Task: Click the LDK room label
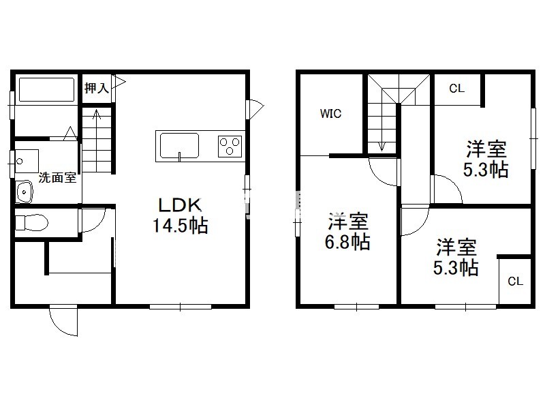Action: (x=180, y=205)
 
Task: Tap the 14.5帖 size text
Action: (x=181, y=226)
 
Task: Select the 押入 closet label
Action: (x=96, y=88)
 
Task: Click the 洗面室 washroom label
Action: (x=57, y=178)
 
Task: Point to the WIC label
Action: (x=330, y=113)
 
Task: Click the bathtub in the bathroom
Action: (x=46, y=90)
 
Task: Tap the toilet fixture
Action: (x=31, y=222)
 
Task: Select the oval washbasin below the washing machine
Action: (x=24, y=192)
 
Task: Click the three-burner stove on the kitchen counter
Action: (x=230, y=146)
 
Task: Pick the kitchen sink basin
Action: (x=179, y=146)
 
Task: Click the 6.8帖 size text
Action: (x=347, y=242)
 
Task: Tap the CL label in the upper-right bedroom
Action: (x=456, y=89)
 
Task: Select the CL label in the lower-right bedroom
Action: (x=515, y=281)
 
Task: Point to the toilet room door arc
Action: (x=97, y=226)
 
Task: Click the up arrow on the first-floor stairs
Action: (x=96, y=115)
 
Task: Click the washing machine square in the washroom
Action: (x=27, y=161)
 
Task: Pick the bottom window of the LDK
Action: (x=181, y=307)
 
